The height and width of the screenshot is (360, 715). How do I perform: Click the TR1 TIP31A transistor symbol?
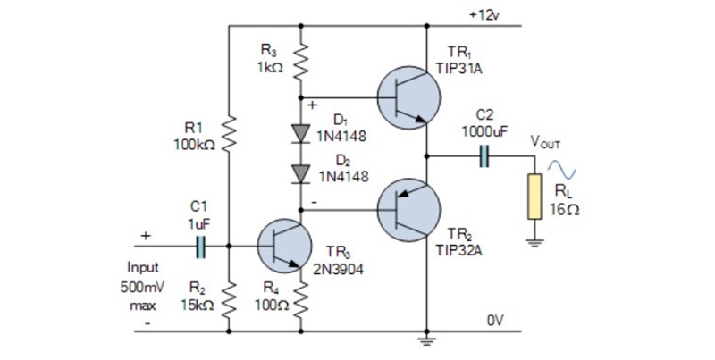(x=408, y=96)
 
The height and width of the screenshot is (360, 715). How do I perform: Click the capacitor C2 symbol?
(x=484, y=157)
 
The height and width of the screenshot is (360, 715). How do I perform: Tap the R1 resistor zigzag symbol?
(x=230, y=134)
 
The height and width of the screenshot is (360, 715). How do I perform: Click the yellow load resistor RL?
(x=534, y=197)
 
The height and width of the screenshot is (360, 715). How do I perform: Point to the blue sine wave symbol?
(x=566, y=169)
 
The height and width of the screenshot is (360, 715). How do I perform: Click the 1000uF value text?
(x=484, y=130)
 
